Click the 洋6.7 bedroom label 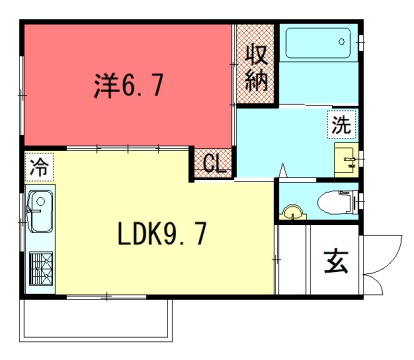tap(129, 85)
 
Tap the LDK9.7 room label tap(162, 234)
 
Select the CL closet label tap(215, 163)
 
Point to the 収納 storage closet tap(256, 64)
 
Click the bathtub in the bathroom tap(318, 43)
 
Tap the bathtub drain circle tap(342, 42)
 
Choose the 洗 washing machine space tap(341, 124)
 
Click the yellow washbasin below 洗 tap(346, 160)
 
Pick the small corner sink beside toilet tap(293, 212)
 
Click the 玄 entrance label tap(336, 262)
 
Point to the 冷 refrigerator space tap(39, 167)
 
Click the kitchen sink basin tap(40, 211)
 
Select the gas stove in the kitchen tap(41, 269)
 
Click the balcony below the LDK tap(96, 320)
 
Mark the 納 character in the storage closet tap(256, 81)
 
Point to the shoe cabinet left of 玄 tap(293, 260)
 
